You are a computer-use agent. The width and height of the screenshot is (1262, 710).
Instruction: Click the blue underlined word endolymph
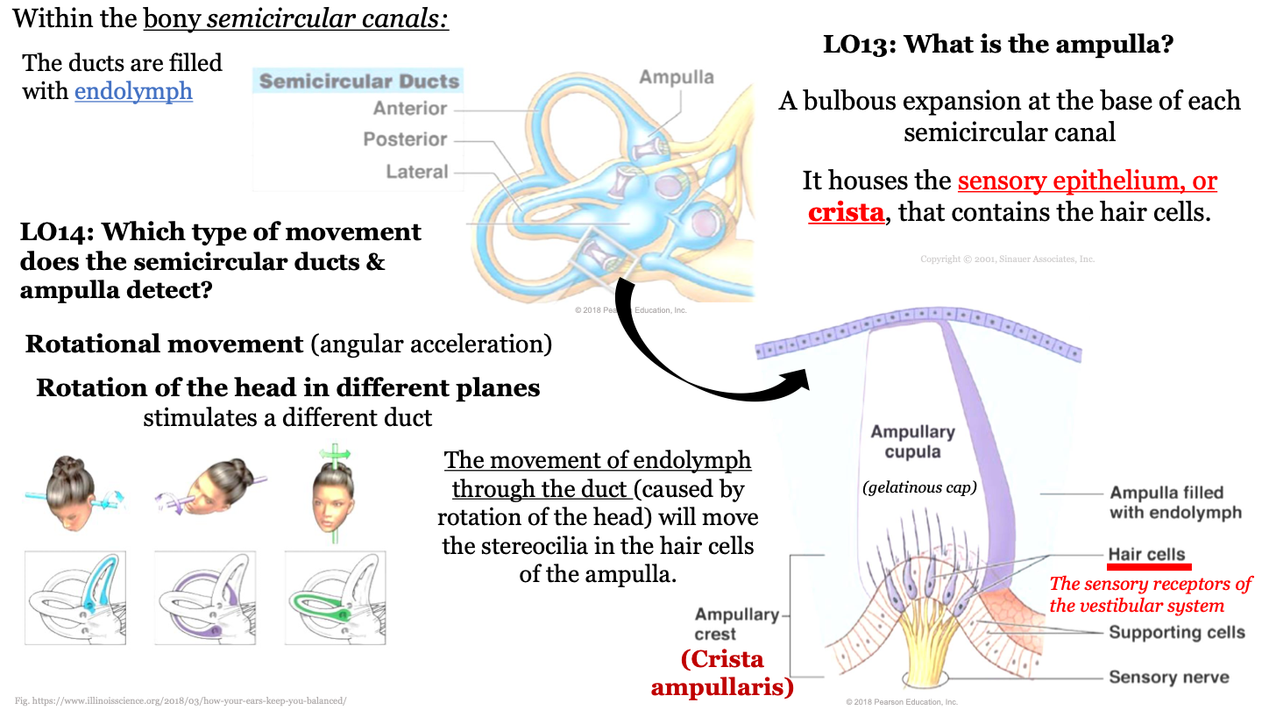(x=133, y=90)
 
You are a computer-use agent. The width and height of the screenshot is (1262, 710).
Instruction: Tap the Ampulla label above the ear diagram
(x=676, y=77)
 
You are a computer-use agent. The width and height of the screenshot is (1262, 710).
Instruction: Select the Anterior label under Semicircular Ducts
(x=409, y=109)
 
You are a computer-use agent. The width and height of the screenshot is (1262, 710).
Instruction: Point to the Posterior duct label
(x=405, y=139)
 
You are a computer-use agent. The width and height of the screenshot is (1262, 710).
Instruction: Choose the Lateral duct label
(x=416, y=172)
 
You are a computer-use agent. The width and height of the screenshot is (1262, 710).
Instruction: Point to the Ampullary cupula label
(x=912, y=442)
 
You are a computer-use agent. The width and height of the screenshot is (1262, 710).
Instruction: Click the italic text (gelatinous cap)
(x=919, y=487)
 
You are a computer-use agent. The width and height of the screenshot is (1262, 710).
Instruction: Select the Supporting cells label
(x=1176, y=632)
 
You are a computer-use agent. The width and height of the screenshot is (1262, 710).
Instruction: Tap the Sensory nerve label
(x=1168, y=677)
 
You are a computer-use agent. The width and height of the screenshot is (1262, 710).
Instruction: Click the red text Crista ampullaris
(x=721, y=673)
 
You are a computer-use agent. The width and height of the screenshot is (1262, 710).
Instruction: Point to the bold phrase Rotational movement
(x=164, y=344)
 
